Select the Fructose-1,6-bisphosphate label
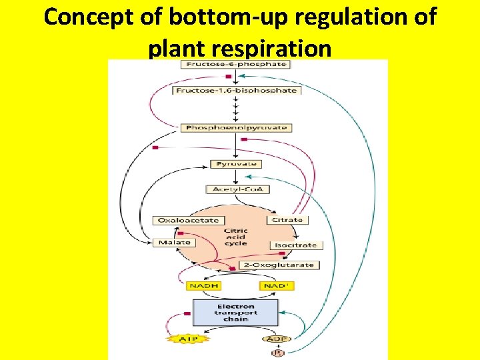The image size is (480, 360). [x=236, y=90]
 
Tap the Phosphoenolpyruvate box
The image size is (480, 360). [x=236, y=127]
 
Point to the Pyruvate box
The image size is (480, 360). [x=235, y=164]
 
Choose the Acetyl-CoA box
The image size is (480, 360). [x=237, y=189]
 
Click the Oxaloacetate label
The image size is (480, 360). [x=187, y=220]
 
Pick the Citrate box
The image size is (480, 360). [x=287, y=219]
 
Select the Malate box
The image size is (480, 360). [x=174, y=243]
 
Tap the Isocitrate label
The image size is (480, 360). [x=296, y=245]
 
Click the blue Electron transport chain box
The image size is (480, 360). [x=235, y=311]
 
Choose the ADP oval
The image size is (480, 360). [x=276, y=339]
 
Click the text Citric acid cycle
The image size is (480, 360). [x=235, y=237]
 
